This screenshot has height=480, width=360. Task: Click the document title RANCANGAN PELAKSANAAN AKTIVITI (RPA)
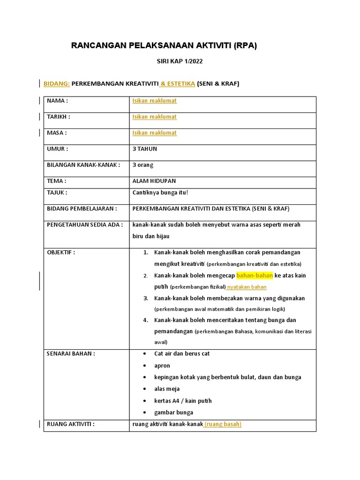164,45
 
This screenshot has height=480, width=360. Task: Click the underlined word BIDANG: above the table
57,84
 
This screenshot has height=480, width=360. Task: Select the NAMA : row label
58,101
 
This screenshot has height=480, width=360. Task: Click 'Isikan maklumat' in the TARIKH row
154,117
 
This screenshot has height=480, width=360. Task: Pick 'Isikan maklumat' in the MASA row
154,133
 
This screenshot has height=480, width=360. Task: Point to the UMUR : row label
58,149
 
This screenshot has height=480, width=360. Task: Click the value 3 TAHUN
145,149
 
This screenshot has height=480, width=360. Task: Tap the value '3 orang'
143,165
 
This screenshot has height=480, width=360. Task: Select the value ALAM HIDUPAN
154,181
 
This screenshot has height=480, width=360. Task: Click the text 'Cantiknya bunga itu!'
160,192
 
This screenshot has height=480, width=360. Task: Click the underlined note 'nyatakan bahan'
247,287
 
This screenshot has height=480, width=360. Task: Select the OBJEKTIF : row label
61,252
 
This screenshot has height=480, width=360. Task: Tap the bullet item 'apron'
162,366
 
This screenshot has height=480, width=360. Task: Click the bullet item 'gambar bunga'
173,412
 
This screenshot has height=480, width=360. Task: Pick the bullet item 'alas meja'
167,389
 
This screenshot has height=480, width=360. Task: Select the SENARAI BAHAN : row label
71,354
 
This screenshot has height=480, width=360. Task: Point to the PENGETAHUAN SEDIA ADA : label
85,225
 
